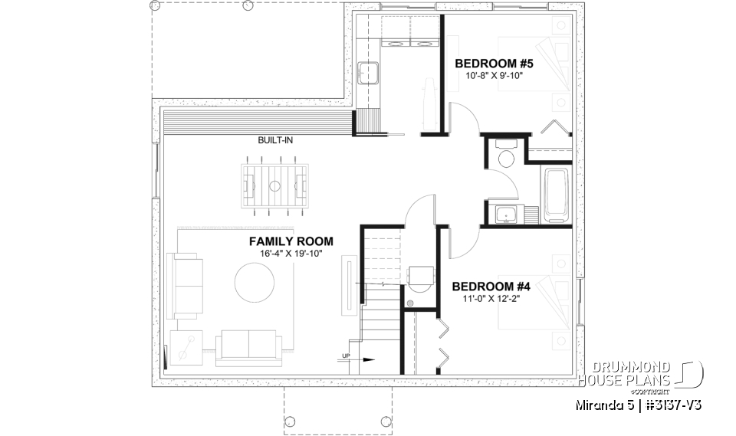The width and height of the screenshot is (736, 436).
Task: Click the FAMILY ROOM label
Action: [x=291, y=241]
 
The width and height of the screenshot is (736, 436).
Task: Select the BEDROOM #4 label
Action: [x=491, y=287]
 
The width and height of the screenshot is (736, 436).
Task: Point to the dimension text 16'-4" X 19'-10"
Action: [x=291, y=254]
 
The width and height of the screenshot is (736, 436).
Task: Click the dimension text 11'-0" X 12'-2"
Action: [x=491, y=300]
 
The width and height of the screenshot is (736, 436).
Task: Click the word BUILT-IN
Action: [x=274, y=141]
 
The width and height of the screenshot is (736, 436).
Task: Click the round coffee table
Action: [x=254, y=283]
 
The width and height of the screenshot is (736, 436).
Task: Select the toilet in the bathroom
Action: [x=505, y=156]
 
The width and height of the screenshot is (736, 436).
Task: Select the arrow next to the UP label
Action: [x=366, y=357]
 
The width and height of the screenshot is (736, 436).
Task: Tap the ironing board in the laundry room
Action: [x=426, y=103]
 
